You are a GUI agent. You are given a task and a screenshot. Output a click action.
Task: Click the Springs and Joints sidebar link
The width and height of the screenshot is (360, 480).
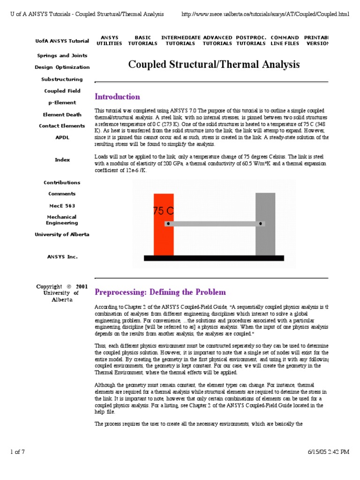click(62, 55)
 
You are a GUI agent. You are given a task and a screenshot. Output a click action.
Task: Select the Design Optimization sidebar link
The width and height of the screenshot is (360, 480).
click(62, 67)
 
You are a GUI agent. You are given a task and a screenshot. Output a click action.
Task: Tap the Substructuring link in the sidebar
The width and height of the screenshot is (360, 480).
click(62, 79)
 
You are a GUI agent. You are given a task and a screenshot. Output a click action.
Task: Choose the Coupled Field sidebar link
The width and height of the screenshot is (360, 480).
click(62, 91)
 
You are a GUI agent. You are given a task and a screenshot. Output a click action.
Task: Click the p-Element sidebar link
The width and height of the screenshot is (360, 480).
click(62, 103)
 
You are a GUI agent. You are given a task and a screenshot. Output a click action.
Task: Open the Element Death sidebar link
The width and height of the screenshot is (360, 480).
click(62, 114)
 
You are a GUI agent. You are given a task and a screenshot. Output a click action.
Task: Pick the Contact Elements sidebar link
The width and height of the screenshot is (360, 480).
click(62, 126)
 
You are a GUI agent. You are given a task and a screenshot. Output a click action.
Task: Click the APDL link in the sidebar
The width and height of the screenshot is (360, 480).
click(62, 137)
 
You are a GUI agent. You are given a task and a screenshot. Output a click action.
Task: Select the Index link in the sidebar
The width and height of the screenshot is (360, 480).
click(62, 160)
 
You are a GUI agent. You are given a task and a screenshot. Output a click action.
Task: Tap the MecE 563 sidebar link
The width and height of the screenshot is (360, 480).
click(62, 206)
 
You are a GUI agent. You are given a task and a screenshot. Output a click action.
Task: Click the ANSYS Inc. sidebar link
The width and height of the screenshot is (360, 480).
click(62, 257)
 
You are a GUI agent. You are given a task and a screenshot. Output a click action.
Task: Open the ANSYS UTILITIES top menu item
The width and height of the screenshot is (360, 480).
click(109, 40)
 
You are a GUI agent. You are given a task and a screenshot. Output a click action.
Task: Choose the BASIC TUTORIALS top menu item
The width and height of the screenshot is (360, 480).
click(143, 40)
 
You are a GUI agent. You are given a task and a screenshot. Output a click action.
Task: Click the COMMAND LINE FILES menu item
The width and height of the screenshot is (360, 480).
click(285, 40)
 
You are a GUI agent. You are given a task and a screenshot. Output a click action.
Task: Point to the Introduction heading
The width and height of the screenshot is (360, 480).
click(117, 97)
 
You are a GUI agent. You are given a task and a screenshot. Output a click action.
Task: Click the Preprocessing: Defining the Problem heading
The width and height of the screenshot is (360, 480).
click(160, 292)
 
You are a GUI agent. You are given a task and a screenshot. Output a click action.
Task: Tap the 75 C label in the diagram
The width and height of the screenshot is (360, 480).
click(163, 211)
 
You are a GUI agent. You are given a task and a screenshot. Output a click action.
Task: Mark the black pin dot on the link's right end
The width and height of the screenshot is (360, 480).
click(261, 224)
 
